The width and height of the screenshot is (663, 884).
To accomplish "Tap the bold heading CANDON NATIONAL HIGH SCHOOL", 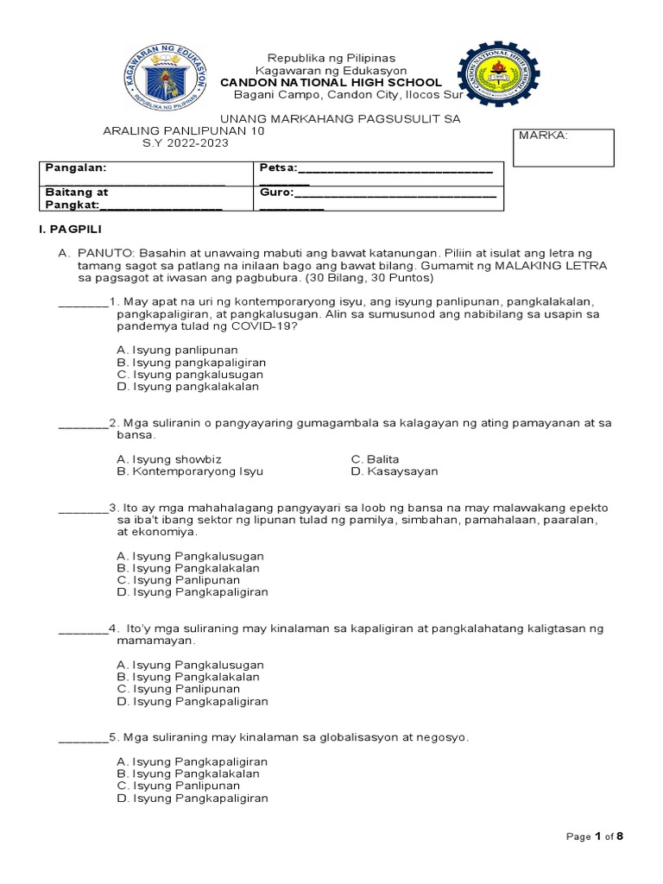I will (x=331, y=81).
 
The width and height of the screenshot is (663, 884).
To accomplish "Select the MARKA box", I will (x=564, y=148).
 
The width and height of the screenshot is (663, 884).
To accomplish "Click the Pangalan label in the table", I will (x=75, y=167).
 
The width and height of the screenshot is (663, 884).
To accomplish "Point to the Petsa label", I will (x=278, y=167).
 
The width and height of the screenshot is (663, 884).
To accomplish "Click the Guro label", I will (x=276, y=193).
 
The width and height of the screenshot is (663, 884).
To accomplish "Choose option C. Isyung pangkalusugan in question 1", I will (x=189, y=375).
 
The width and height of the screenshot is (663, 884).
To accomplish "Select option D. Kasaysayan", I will (x=395, y=471).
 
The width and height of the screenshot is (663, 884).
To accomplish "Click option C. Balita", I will (x=375, y=459).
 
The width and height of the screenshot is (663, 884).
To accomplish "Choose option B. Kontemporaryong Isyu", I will (x=189, y=471).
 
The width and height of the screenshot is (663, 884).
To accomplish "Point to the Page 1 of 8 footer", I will (x=594, y=837).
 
